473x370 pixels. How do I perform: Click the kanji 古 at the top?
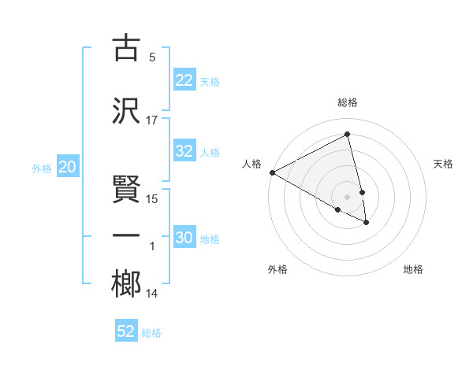point(127,48)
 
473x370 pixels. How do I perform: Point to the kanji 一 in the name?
point(127,236)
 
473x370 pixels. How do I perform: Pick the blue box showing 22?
point(184,80)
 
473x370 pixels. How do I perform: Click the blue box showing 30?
point(184,239)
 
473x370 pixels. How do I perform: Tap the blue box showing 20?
point(68,167)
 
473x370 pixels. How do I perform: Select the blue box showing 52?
point(126,331)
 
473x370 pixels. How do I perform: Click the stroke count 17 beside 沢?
point(152,120)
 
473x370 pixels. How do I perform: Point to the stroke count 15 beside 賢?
point(152,199)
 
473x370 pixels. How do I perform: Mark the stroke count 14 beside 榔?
point(152,294)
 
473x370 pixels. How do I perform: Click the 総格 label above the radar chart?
point(348,102)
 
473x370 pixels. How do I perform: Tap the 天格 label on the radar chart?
point(443,164)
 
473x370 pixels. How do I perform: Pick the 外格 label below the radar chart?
point(277,269)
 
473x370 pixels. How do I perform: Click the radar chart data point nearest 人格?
point(272,172)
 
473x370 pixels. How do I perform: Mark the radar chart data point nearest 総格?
point(348,135)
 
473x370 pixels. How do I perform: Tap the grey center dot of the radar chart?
point(348,196)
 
